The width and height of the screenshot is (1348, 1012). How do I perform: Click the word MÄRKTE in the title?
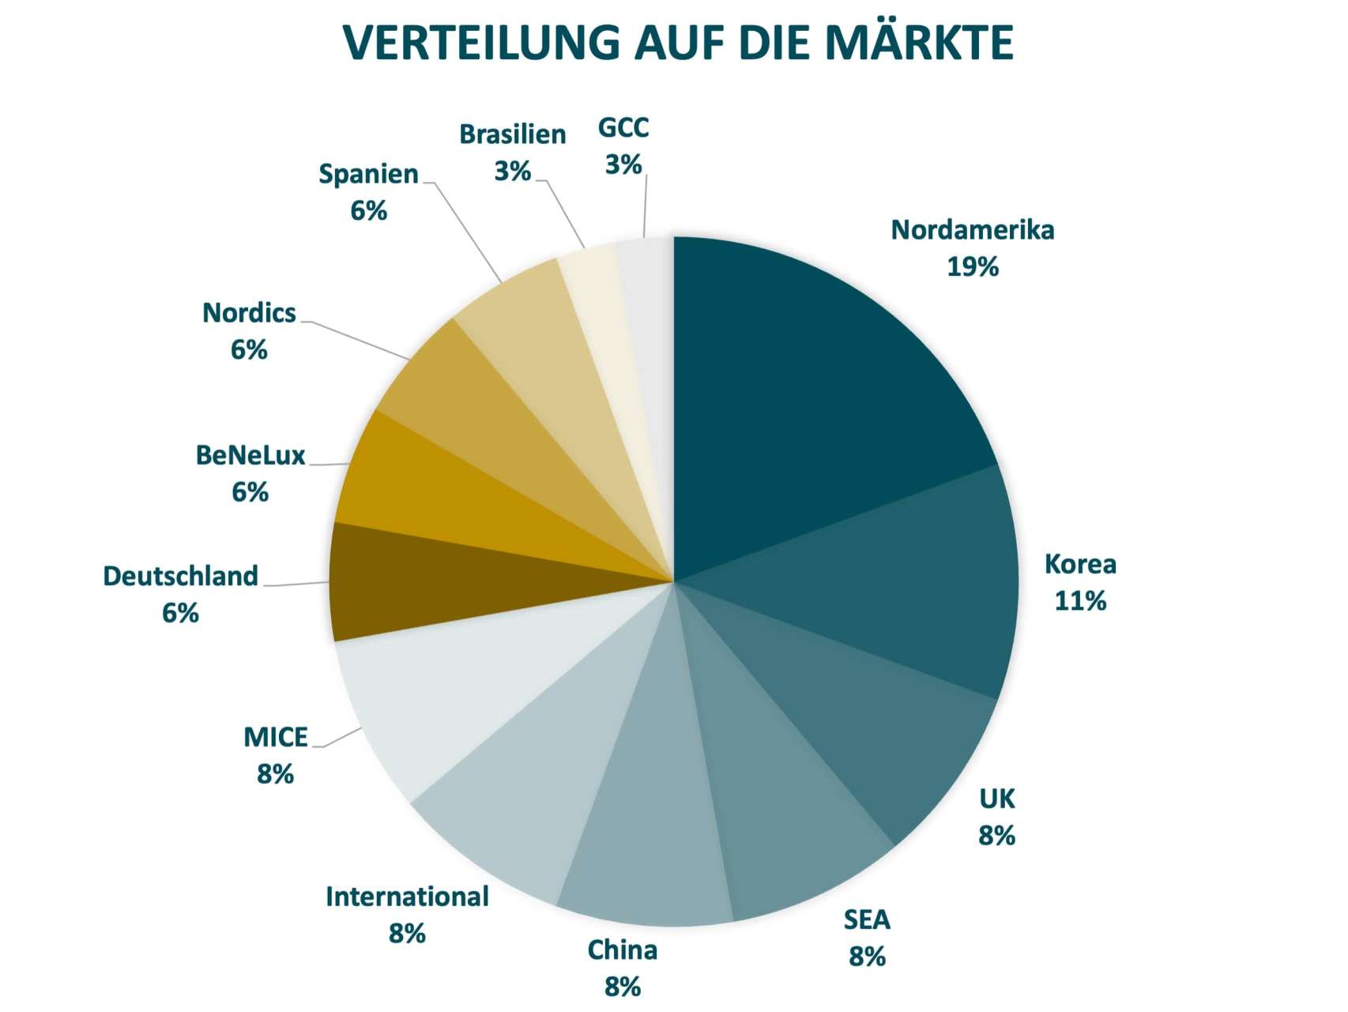tap(919, 43)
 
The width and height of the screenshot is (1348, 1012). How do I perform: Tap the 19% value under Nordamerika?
tap(973, 267)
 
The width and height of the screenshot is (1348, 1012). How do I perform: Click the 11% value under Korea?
tap(1080, 602)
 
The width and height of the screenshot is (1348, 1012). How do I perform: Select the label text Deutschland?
tap(180, 576)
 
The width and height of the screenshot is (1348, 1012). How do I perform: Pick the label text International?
tap(407, 897)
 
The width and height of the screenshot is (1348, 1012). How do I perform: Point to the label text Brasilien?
tap(513, 134)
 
